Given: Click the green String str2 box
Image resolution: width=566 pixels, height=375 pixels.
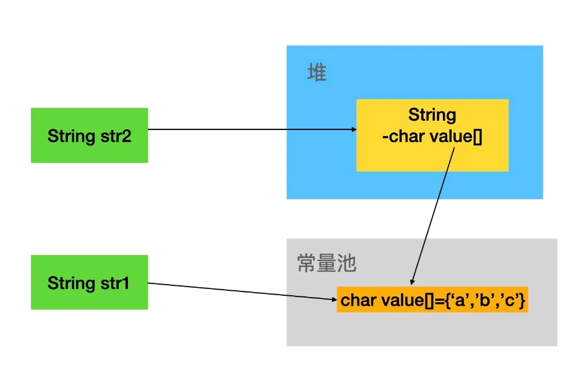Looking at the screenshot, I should coord(89,135).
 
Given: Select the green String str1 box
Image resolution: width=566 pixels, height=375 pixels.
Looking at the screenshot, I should coord(89,282).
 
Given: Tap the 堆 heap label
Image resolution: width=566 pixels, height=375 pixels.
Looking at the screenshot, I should coord(317,73).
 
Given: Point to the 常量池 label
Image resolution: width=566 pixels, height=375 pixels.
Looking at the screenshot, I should coord(327,263).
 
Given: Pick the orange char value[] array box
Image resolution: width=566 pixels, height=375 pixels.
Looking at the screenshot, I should coord(432,301).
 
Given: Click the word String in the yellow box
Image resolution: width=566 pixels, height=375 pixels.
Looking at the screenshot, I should coord(432,115).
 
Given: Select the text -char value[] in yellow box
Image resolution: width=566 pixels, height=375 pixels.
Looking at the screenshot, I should coord(432,136).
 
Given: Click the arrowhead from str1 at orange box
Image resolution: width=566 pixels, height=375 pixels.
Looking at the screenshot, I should coord(333,300).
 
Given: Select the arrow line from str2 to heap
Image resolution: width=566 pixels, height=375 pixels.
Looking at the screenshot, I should coord(247,129).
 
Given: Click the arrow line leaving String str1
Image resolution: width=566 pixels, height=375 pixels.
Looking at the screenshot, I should coord(241,292).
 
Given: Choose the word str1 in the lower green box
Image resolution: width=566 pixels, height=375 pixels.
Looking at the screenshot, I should coord(114,283).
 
